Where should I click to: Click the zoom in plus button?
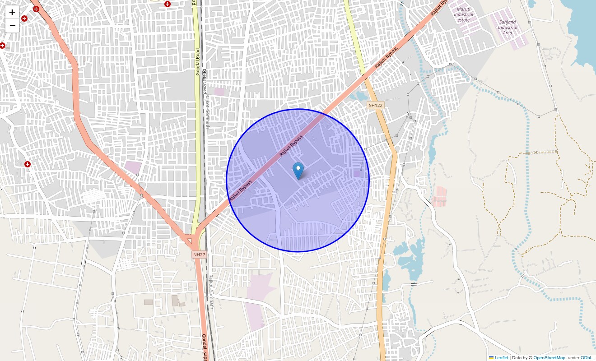click(x=12, y=12)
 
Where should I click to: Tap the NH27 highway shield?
click(x=199, y=255)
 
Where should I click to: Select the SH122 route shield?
click(x=375, y=105)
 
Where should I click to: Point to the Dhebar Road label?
click(x=204, y=82)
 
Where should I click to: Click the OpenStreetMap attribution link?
click(x=549, y=358)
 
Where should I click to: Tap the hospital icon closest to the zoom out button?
click(x=24, y=19)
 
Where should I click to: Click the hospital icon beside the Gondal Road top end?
click(x=168, y=4)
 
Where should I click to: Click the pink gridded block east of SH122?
click(x=439, y=197)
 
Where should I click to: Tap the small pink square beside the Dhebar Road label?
click(x=219, y=92)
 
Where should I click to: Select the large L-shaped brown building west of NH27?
click(x=176, y=301)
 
